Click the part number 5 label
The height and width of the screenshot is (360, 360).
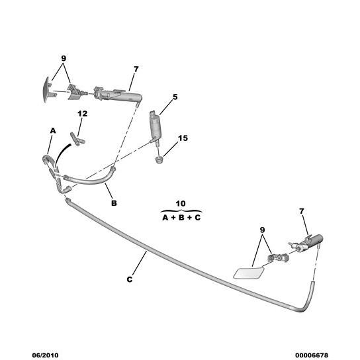click(x=175, y=97)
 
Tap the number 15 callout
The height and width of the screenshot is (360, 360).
click(x=183, y=138)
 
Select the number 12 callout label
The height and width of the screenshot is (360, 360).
click(x=83, y=113)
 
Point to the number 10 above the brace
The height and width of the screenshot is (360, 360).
click(x=181, y=203)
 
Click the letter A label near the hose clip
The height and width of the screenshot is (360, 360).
click(x=53, y=130)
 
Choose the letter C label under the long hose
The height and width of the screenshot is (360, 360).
click(x=130, y=279)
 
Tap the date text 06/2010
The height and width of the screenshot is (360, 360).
click(x=45, y=355)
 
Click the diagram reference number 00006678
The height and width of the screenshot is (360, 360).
click(x=312, y=355)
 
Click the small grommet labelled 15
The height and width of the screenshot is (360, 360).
click(x=159, y=159)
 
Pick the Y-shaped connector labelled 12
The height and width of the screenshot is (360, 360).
click(x=77, y=139)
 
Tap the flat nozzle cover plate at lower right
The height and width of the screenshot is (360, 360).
click(x=248, y=273)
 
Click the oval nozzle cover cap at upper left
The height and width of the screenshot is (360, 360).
click(x=46, y=89)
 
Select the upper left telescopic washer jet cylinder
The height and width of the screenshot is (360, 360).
click(x=118, y=94)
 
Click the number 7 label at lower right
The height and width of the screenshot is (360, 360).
click(x=302, y=211)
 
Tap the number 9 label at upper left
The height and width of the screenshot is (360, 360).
click(x=64, y=58)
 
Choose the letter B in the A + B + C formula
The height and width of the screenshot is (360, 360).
click(x=181, y=218)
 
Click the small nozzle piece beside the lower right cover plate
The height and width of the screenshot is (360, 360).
click(x=278, y=258)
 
